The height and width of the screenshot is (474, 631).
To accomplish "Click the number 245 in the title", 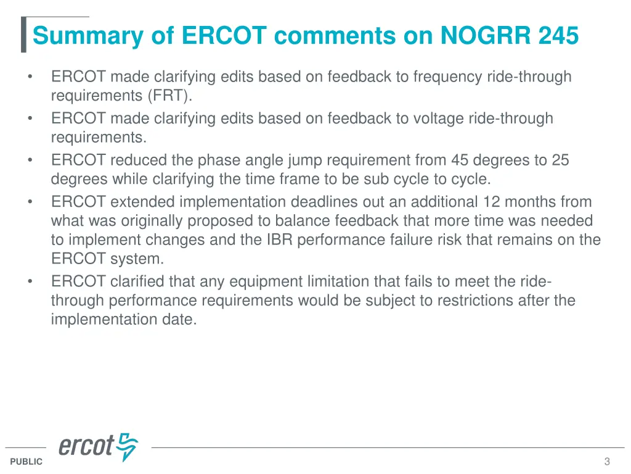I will tap(558, 36).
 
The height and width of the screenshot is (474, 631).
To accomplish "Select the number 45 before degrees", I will tap(460, 160).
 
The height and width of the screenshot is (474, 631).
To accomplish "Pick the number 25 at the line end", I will tap(560, 160).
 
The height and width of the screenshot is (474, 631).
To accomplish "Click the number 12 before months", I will tap(491, 202).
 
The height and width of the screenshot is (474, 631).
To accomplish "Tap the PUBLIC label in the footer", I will tap(26, 462).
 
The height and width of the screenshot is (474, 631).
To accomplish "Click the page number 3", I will tap(607, 462).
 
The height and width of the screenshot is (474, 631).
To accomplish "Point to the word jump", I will tap(304, 160).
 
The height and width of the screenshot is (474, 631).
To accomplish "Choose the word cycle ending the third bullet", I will tap(471, 180).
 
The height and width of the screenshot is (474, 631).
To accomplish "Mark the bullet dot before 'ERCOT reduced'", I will tap(30, 160).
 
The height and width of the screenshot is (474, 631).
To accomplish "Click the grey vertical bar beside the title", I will tap(23, 35).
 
